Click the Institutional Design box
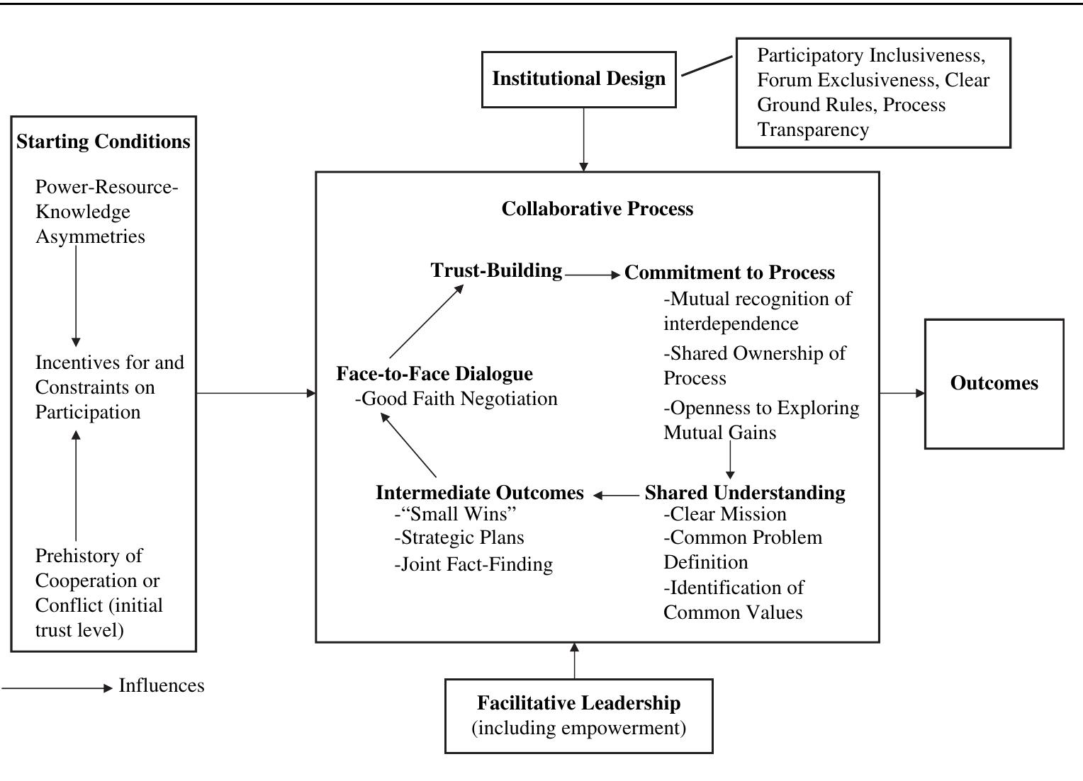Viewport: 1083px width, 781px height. (x=578, y=79)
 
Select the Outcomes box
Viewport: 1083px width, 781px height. (x=994, y=383)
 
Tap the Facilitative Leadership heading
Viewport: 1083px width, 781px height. (x=578, y=702)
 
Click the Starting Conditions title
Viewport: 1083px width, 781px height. (x=103, y=142)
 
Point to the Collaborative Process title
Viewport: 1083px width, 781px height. (x=597, y=209)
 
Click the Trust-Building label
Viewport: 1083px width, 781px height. (x=496, y=270)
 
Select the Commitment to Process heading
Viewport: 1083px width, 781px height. (x=729, y=273)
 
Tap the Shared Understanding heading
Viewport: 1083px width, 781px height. (x=744, y=493)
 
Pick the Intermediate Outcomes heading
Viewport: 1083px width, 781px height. (x=480, y=493)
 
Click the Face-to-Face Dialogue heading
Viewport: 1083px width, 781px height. (x=434, y=374)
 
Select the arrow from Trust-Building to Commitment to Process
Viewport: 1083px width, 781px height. (x=593, y=275)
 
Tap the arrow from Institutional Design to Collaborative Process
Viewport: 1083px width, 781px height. (x=583, y=139)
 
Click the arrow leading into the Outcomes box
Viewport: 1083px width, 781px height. (x=902, y=393)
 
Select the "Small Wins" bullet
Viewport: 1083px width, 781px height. (x=455, y=513)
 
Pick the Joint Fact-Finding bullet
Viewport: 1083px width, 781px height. (x=473, y=564)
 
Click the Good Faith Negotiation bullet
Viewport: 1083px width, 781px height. (x=456, y=399)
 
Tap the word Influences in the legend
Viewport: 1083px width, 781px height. (x=162, y=685)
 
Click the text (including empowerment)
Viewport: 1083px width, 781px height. (x=578, y=728)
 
